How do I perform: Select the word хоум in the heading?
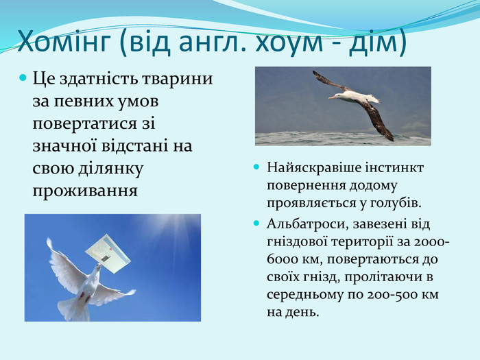coord(289,43)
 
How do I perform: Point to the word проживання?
coord(85,191)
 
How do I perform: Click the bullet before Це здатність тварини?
coord(23,77)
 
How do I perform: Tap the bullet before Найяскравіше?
coord(256,167)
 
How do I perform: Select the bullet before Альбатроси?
coord(256,223)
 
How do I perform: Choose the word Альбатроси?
coord(308,224)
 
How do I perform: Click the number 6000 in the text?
coord(282,260)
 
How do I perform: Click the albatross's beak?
coord(332,97)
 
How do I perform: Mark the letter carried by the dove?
coord(108,253)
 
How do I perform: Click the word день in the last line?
coord(302,313)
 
